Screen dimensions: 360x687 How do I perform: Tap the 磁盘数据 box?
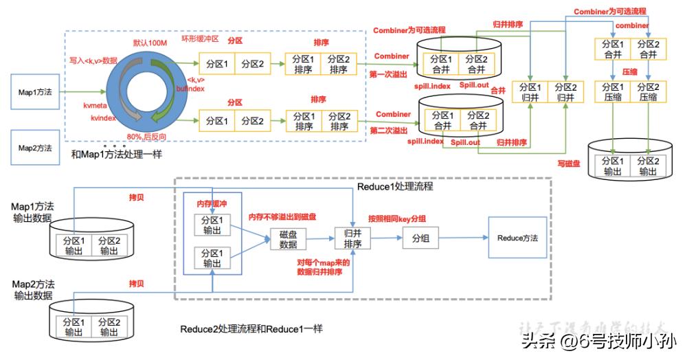pos(288,239)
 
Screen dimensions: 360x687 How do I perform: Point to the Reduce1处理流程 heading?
pos(395,187)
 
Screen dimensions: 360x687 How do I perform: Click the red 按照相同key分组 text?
pos(396,218)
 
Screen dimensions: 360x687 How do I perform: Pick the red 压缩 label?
pos(630,71)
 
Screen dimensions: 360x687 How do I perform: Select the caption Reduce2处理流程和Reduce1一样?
pos(251,329)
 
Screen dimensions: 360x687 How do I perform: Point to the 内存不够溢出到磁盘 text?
pos(282,217)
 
